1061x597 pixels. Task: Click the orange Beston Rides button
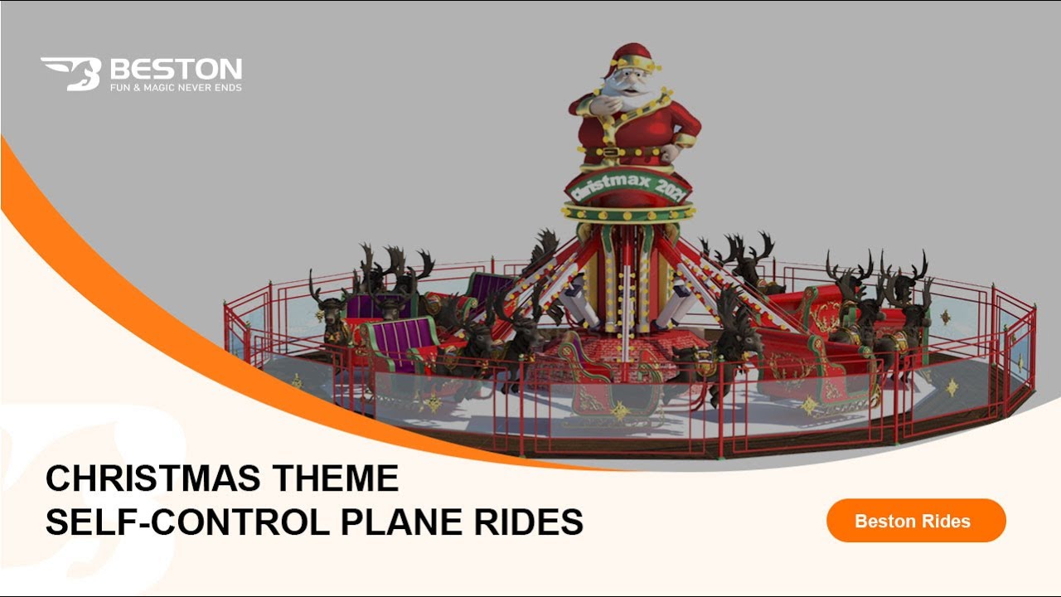tap(916, 521)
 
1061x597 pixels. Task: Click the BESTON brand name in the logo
tap(176, 68)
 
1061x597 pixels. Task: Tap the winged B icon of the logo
tap(73, 73)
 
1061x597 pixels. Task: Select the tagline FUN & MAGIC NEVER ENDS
tap(176, 87)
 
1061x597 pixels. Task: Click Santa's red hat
tap(632, 56)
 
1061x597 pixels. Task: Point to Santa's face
tap(627, 81)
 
